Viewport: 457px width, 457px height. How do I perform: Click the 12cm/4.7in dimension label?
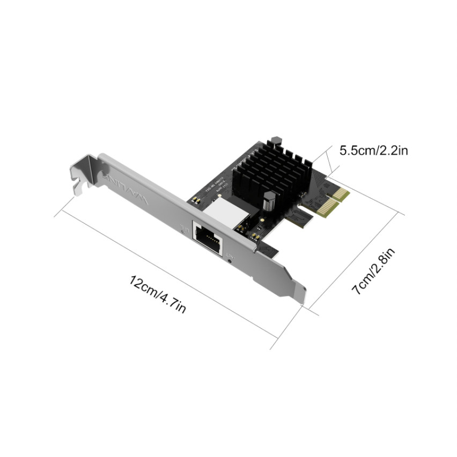tap(158, 294)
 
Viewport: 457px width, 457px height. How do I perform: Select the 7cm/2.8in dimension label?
tap(374, 271)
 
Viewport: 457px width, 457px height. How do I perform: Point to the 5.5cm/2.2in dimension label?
tap(373, 150)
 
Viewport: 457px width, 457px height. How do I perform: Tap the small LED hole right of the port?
tap(231, 261)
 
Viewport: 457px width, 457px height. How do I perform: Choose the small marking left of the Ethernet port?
tap(185, 230)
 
